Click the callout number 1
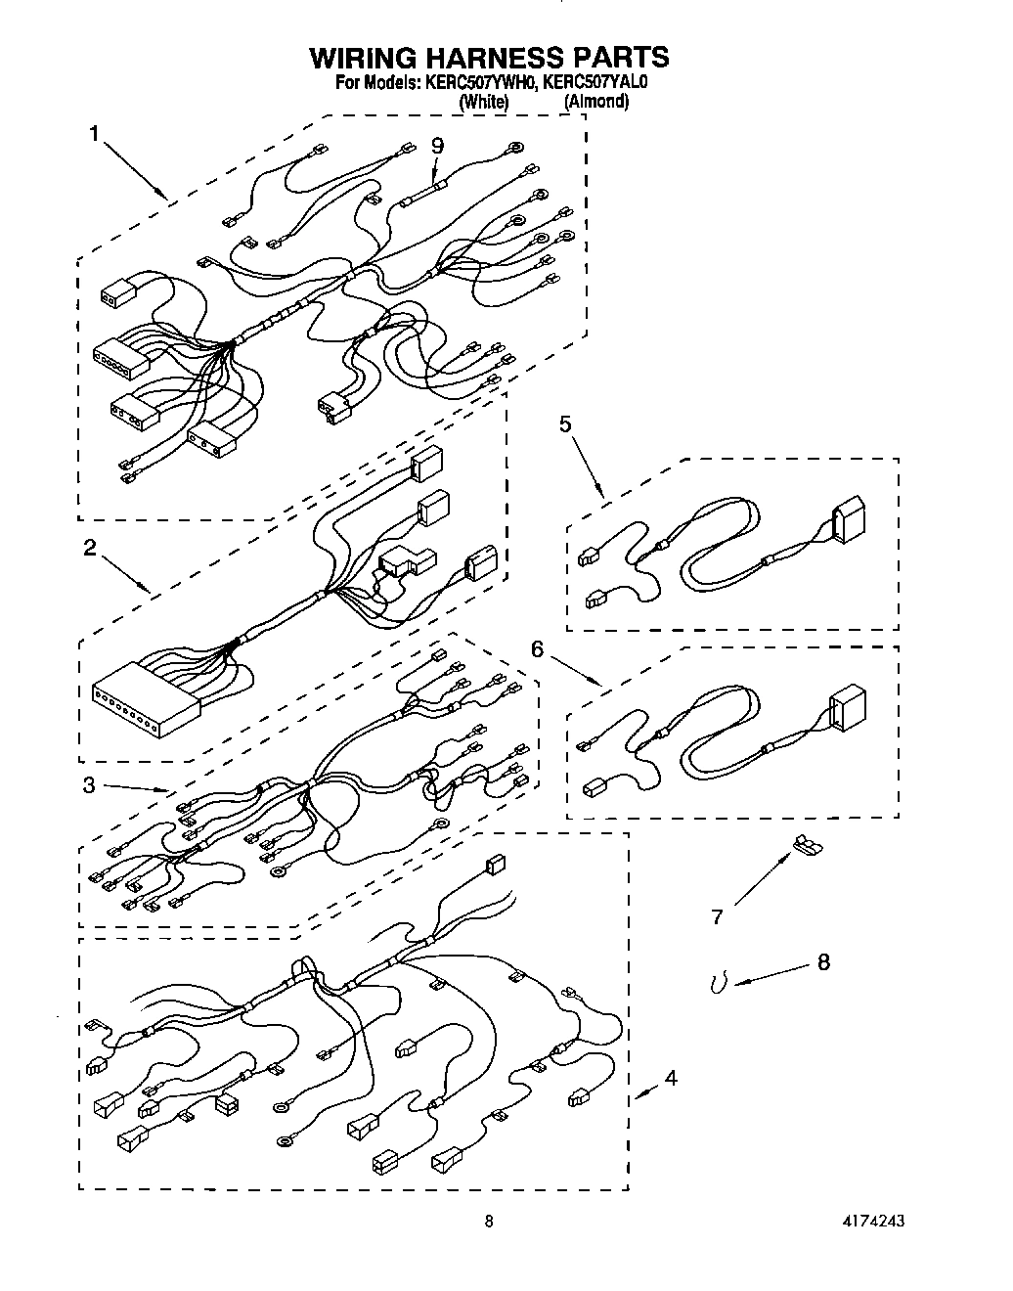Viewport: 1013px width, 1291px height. click(94, 134)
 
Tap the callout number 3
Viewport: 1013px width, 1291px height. click(89, 784)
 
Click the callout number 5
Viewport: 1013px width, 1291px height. click(565, 423)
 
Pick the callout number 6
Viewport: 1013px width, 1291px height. click(537, 647)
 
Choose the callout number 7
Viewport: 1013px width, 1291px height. click(717, 916)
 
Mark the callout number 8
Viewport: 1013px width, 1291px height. click(822, 962)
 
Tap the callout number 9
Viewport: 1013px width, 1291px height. click(437, 145)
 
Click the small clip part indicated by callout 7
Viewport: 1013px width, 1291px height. click(806, 842)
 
